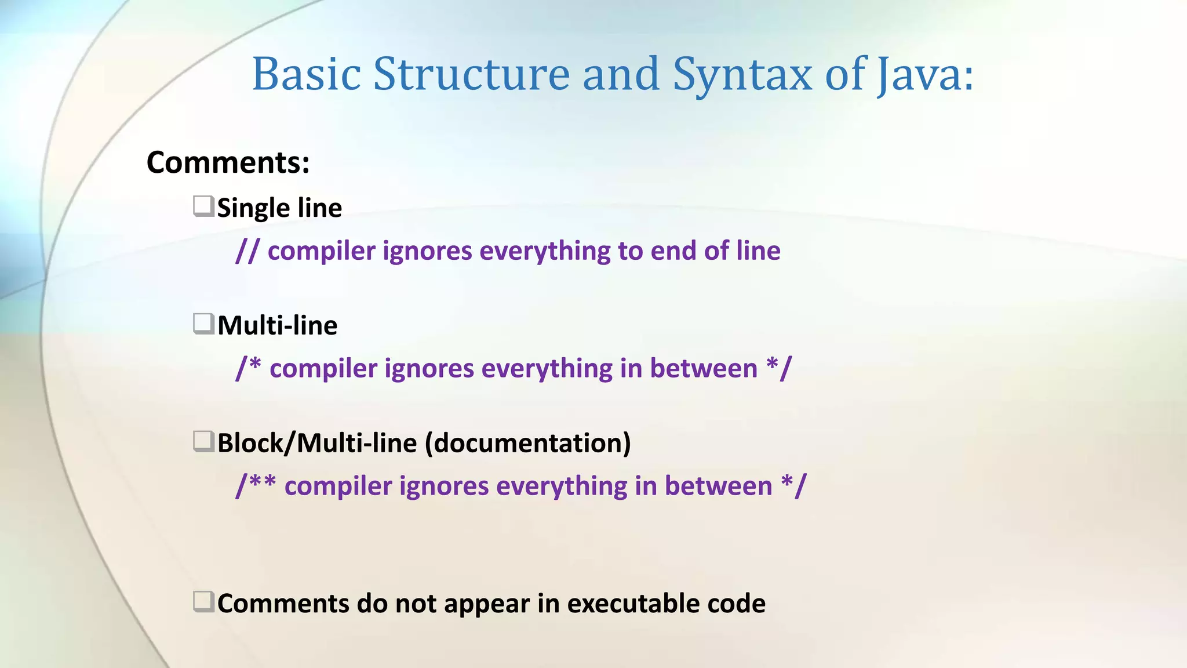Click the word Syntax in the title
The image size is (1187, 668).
[x=742, y=74]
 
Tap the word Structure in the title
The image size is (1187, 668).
[x=471, y=74]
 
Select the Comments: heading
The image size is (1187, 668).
[x=228, y=162]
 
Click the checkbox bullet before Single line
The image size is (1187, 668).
[x=203, y=206]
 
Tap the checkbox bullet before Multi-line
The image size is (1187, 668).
[x=203, y=324]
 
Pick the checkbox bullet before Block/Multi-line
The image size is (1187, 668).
[x=203, y=442]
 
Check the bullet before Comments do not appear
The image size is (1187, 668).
[x=203, y=602]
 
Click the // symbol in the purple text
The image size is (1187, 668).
[x=247, y=251]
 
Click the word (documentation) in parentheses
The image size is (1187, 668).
[x=527, y=443]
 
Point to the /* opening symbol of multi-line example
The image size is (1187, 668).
[x=249, y=368]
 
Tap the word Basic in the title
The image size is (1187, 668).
[x=307, y=74]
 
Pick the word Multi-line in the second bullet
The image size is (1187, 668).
[x=277, y=325]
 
